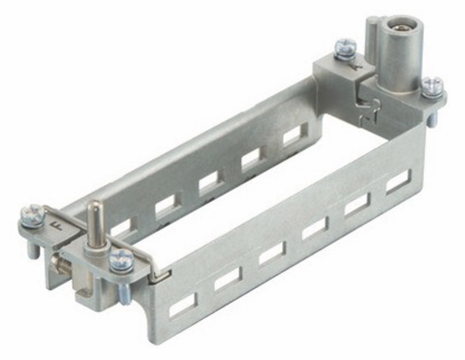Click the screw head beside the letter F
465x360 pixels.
33,213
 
